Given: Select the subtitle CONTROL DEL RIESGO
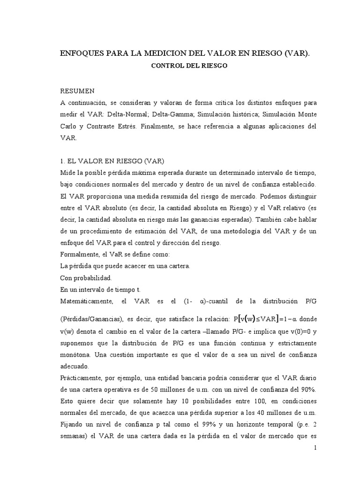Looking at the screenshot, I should (x=188, y=66).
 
